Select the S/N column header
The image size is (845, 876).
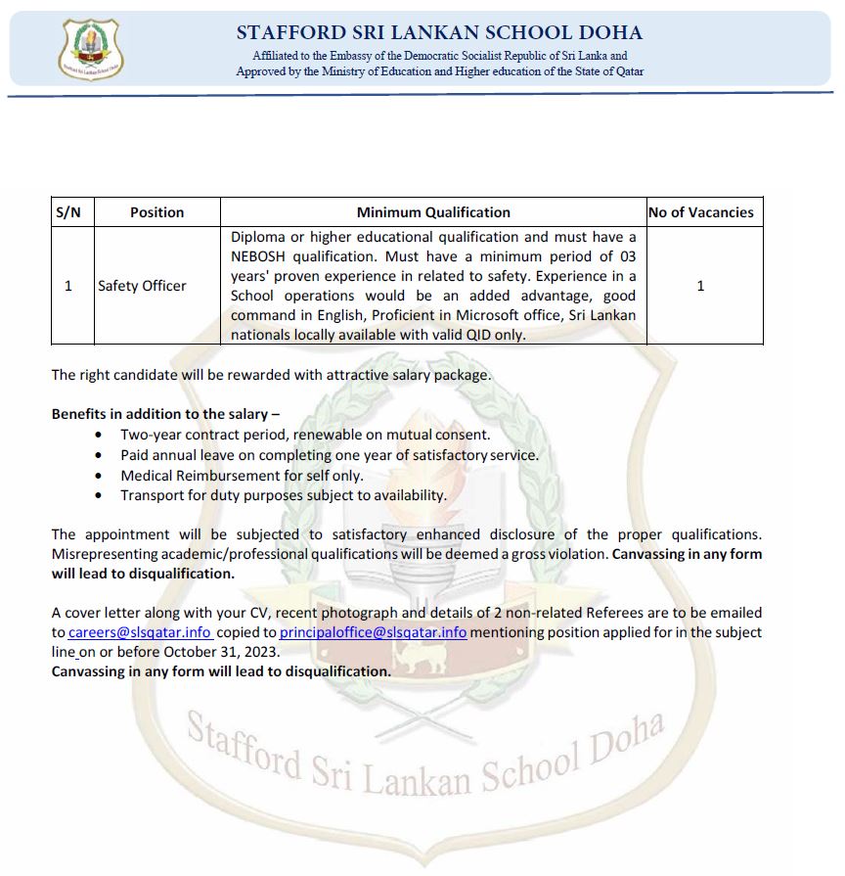pos(68,211)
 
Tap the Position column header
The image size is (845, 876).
pos(156,211)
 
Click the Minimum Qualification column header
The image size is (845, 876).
pos(433,211)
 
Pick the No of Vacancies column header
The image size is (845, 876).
pos(700,211)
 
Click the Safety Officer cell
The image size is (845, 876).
pos(142,286)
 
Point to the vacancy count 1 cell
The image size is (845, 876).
pos(700,286)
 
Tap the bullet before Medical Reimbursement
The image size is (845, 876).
pos(98,476)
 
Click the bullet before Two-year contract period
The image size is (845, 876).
pos(98,435)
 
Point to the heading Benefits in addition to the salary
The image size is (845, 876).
pos(165,414)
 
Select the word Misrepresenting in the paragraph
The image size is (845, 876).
pos(103,554)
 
